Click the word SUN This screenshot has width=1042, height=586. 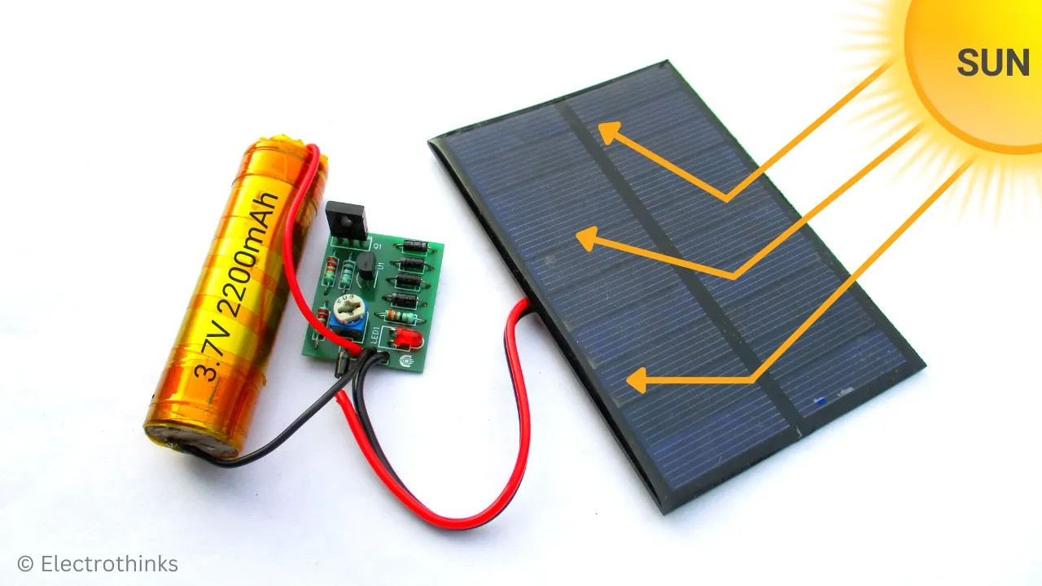pyautogui.click(x=993, y=63)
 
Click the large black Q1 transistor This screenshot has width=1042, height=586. pyautogui.click(x=346, y=220)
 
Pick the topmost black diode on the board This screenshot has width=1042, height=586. pyautogui.click(x=415, y=246)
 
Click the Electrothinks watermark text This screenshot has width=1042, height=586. pyautogui.click(x=108, y=563)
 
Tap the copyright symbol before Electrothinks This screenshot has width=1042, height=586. pyautogui.click(x=25, y=563)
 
